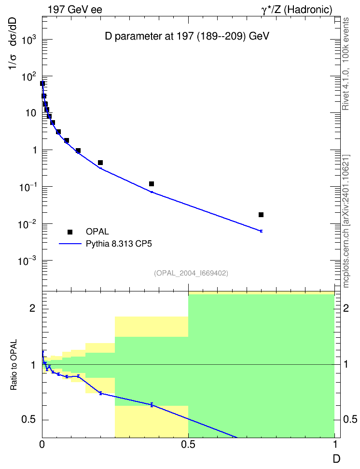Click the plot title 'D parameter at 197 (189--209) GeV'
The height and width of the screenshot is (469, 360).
point(187,37)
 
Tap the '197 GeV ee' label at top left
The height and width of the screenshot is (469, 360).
point(75,10)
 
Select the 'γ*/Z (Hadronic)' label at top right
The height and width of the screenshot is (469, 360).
point(297,10)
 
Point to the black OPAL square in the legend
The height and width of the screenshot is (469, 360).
point(70,232)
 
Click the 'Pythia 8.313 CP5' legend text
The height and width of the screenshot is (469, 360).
point(119,244)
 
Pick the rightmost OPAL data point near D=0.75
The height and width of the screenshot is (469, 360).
point(261,215)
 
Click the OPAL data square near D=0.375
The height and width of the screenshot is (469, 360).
point(152,184)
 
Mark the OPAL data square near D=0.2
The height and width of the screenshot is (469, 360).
point(100,163)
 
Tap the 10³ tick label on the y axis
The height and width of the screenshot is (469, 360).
point(29,40)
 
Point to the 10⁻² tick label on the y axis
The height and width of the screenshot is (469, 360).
point(27,224)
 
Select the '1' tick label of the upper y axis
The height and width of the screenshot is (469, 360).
point(35,150)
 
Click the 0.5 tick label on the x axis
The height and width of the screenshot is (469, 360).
point(188,444)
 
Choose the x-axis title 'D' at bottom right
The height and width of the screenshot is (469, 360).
point(336,459)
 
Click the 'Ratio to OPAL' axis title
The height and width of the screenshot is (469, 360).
point(14,365)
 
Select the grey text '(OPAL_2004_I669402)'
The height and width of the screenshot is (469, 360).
point(191,273)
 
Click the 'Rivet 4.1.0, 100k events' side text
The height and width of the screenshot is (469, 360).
point(346,64)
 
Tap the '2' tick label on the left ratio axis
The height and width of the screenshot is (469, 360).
point(33,308)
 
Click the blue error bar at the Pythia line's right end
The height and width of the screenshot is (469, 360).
point(261,231)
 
